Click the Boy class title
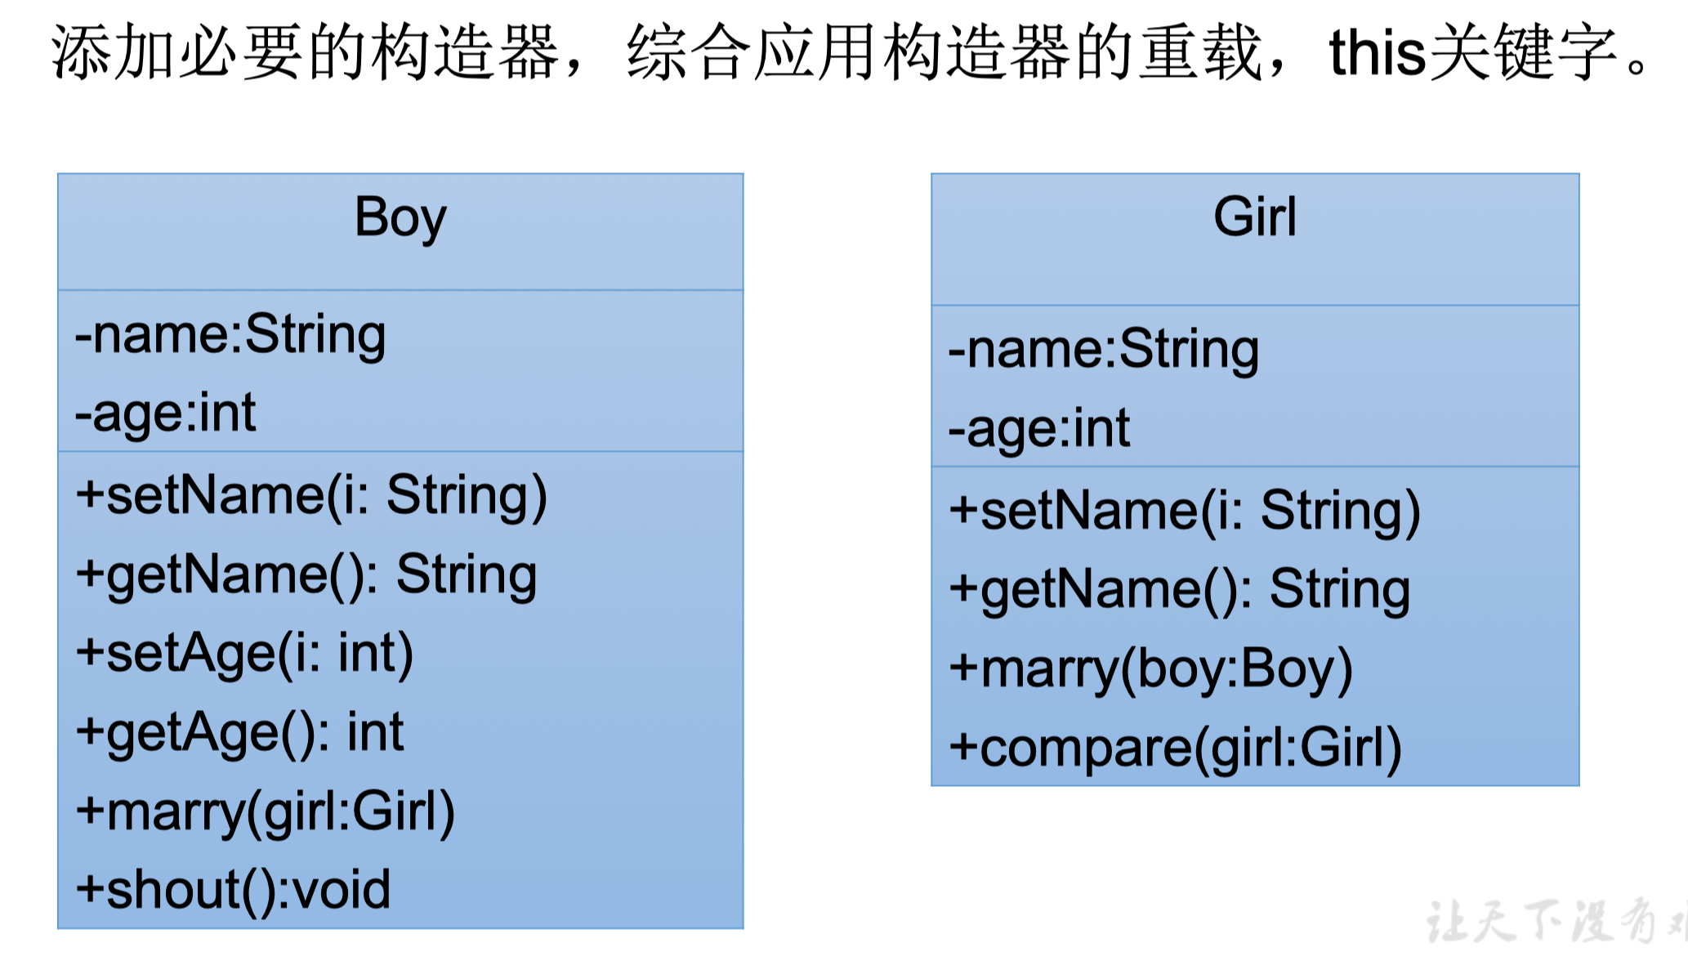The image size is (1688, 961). coord(400,218)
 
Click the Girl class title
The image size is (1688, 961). coord(1255,217)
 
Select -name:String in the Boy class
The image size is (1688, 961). coord(230,335)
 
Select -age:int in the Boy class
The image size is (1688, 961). coord(166,413)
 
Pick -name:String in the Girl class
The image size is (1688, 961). coord(1104,351)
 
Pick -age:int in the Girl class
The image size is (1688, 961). coord(1039,429)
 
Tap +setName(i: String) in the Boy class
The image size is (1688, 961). coord(311,496)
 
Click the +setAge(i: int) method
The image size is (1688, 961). coord(244,654)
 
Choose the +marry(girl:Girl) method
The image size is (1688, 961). coord(265,811)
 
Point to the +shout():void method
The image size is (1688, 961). coord(233,890)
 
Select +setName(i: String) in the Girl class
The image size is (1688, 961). coord(1185,512)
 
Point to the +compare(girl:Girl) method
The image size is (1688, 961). coord(1175,748)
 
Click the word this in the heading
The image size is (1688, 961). coord(1378,52)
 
